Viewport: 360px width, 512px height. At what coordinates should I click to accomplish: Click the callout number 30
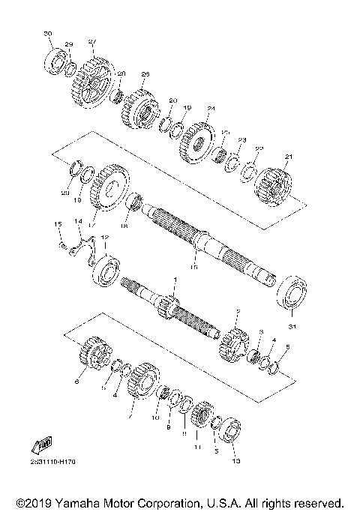pyautogui.click(x=49, y=34)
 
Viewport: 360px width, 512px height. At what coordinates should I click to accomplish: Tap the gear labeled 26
pyautogui.click(x=137, y=109)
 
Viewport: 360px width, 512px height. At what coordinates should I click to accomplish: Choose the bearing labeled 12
pyautogui.click(x=105, y=270)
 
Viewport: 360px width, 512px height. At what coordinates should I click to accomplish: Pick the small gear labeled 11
pyautogui.click(x=200, y=417)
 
